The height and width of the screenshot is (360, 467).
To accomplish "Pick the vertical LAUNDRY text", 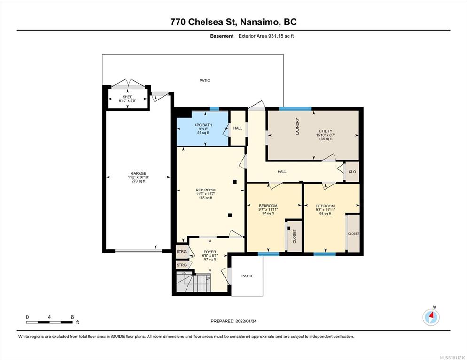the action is coord(297,126).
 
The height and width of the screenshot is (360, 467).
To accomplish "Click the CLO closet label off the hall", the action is coord(352,172).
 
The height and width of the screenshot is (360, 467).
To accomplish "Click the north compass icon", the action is coord(431,316).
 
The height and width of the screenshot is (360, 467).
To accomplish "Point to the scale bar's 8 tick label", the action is coord(72,317).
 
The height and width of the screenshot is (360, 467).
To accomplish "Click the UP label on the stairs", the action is coord(208,278).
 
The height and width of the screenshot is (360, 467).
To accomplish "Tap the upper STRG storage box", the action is coord(182,252).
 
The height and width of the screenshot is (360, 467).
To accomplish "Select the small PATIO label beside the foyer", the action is coord(247,276).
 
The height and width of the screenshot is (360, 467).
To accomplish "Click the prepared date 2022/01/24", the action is coord(246,321).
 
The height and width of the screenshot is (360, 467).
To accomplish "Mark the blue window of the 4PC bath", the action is coord(214,108).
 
